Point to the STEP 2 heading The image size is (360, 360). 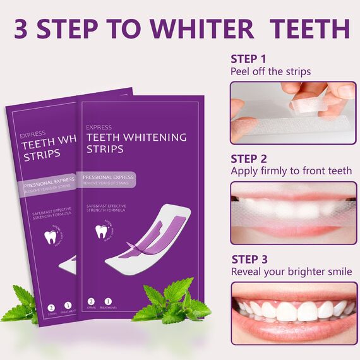click(249, 159)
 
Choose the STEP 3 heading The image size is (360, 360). click(249, 259)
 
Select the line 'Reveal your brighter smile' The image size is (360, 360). click(291, 272)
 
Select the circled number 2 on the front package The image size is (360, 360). click(90, 302)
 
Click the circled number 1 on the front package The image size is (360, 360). click(107, 302)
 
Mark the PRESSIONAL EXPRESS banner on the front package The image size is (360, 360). click(107, 177)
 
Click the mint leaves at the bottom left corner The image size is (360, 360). click(22, 306)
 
